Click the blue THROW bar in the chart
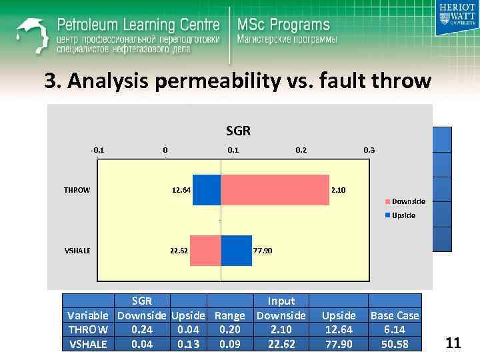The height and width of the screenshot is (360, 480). coord(206,190)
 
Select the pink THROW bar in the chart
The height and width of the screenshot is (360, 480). coord(275,190)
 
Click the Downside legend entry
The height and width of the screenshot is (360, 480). coord(407,201)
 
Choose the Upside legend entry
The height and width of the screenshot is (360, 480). coord(403,215)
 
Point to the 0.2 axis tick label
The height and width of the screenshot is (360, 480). coord(301,150)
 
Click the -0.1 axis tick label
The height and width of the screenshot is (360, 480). coord(97,150)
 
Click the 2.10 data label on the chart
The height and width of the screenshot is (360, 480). coord(339,191)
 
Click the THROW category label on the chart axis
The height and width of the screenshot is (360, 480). coord(77,190)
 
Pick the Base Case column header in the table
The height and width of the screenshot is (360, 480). coord(395,315)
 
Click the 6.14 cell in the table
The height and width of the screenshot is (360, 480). coord(395,329)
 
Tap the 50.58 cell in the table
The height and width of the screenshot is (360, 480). coord(395,343)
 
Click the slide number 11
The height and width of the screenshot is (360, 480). coord(453,343)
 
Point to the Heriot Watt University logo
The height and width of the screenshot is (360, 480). coord(455,18)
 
